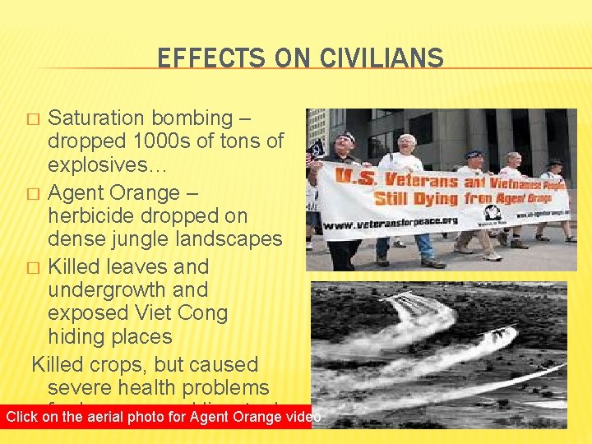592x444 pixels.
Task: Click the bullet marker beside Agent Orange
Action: point(33,194)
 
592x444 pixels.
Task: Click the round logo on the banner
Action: point(493,213)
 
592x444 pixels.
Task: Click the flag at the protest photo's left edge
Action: point(313,153)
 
